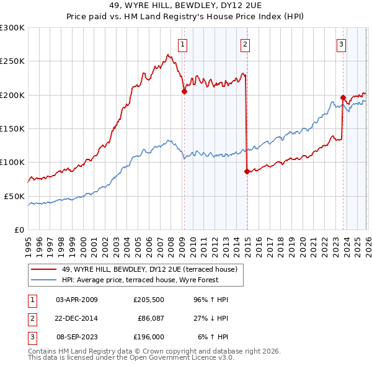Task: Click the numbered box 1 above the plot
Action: tap(184, 44)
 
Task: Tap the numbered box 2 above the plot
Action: tap(246, 44)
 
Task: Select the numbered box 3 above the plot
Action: tap(342, 44)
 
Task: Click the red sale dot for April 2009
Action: tap(184, 91)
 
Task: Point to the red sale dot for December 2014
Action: tap(247, 171)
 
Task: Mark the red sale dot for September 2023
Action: tap(343, 97)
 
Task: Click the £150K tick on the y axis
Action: tap(12, 128)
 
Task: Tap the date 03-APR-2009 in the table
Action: tap(77, 300)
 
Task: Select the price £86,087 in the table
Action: tap(149, 318)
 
